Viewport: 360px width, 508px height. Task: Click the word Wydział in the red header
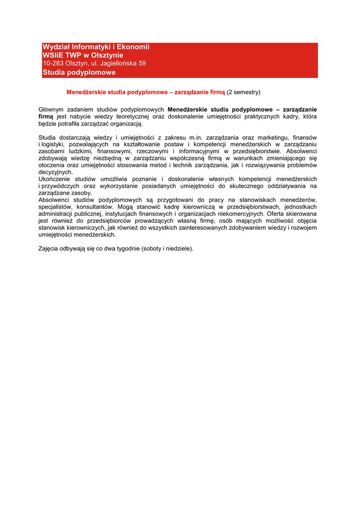click(55, 47)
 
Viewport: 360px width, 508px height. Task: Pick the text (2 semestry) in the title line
click(243, 92)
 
